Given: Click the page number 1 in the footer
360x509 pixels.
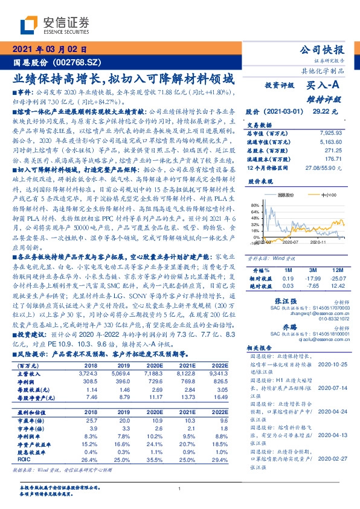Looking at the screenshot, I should pyautogui.click(x=180, y=488).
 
